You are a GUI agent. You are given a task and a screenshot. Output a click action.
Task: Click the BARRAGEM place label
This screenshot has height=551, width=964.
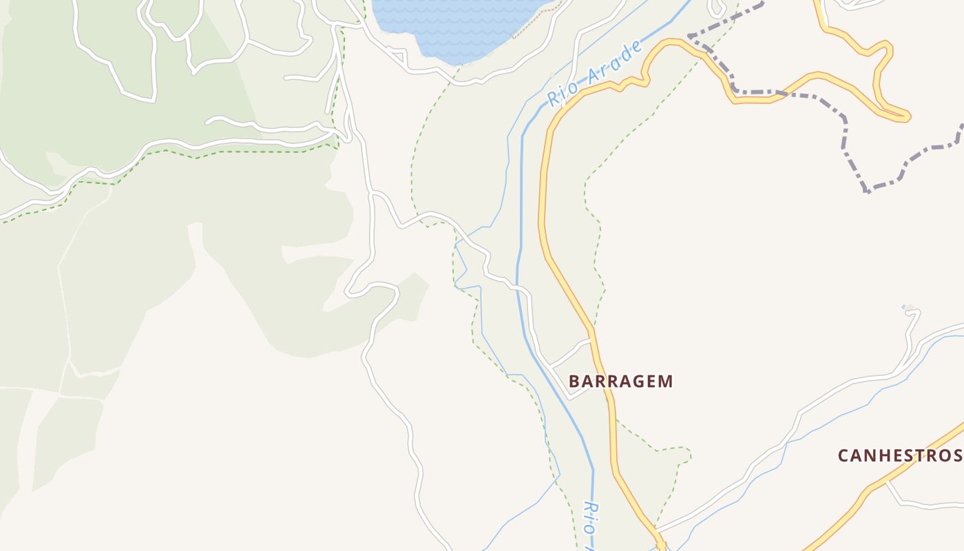pyautogui.click(x=621, y=382)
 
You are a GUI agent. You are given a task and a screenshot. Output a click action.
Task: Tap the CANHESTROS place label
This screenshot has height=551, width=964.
pyautogui.click(x=899, y=455)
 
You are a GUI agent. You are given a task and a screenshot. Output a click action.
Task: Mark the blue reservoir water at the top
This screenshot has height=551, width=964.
pyautogui.click(x=454, y=28)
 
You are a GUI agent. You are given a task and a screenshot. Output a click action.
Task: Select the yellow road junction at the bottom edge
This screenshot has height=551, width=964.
pyautogui.click(x=661, y=544)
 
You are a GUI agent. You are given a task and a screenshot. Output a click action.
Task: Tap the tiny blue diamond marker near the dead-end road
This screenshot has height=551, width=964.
pyautogui.click(x=905, y=306)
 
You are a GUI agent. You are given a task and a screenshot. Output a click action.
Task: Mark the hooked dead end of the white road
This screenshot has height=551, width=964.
pyautogui.click(x=915, y=313)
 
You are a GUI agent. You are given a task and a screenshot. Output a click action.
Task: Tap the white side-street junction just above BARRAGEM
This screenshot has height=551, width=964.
pyautogui.click(x=591, y=340)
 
